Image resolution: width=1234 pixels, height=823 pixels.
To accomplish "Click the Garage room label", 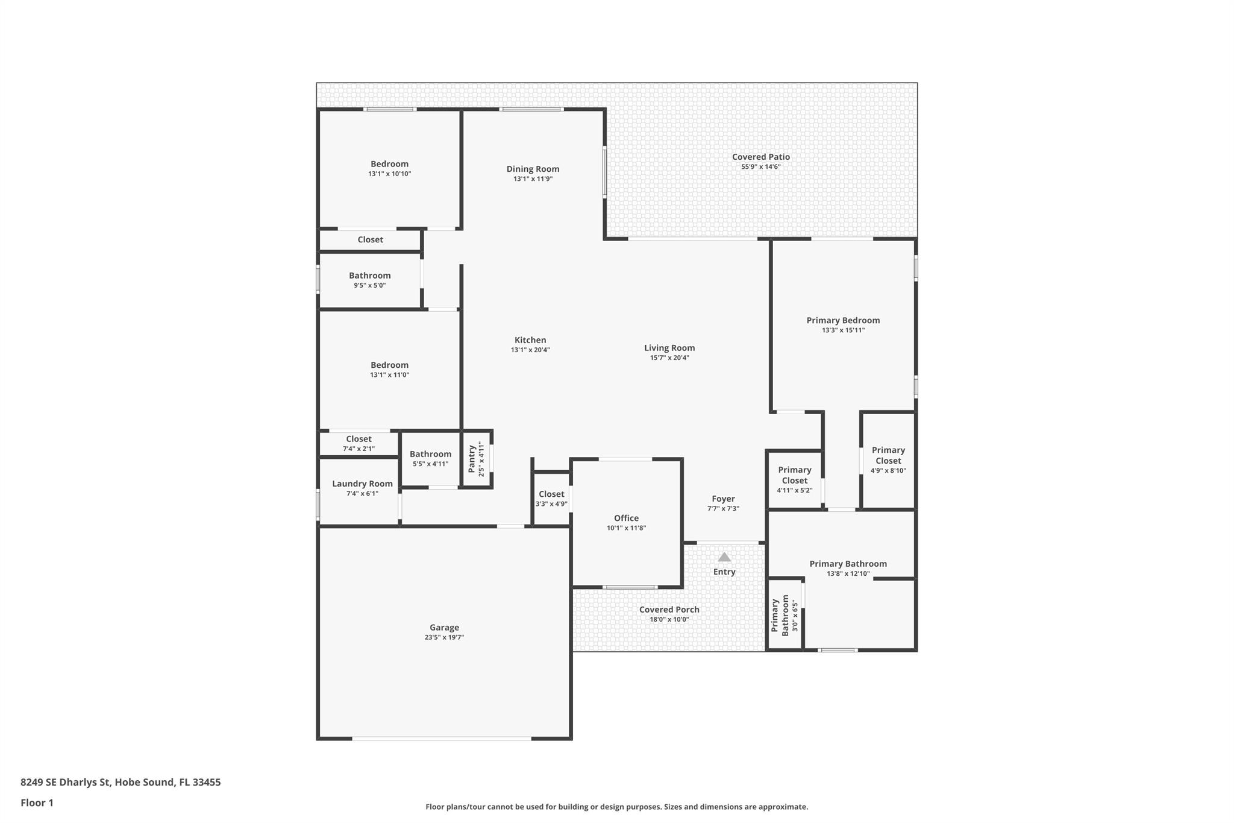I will click(x=444, y=627).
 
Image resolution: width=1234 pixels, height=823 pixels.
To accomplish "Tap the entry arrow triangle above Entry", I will click(x=724, y=557).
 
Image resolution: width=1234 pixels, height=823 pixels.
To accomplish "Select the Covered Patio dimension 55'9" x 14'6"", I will click(x=760, y=167).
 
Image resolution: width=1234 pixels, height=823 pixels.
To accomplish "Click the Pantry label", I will click(x=472, y=459).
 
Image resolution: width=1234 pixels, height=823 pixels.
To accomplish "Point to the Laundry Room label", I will click(x=362, y=484).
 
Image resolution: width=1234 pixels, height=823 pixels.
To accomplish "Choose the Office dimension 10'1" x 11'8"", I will click(x=626, y=528).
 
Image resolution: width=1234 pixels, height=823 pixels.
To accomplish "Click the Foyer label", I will click(x=723, y=499).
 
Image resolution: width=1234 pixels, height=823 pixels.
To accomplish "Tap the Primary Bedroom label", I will click(x=843, y=320).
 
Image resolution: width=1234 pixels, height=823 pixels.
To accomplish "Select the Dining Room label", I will click(x=533, y=169).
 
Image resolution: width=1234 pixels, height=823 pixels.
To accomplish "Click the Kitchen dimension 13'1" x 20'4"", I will click(x=530, y=350).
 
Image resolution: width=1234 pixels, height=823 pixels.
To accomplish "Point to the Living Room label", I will click(x=669, y=348).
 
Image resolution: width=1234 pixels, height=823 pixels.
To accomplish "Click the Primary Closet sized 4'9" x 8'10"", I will click(x=888, y=456).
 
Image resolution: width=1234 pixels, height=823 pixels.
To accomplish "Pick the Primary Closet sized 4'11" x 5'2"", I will click(x=794, y=475).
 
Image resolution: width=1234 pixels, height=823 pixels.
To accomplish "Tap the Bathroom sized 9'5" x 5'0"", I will click(x=369, y=276).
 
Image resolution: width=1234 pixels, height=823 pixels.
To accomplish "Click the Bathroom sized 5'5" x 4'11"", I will click(x=430, y=454).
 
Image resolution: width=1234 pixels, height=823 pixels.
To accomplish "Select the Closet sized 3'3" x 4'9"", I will click(x=551, y=494).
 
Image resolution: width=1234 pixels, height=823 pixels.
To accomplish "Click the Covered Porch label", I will click(x=669, y=610).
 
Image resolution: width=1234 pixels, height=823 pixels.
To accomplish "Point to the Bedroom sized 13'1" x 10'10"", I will click(x=389, y=164).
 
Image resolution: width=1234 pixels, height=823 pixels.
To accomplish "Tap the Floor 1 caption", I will click(x=37, y=803).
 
